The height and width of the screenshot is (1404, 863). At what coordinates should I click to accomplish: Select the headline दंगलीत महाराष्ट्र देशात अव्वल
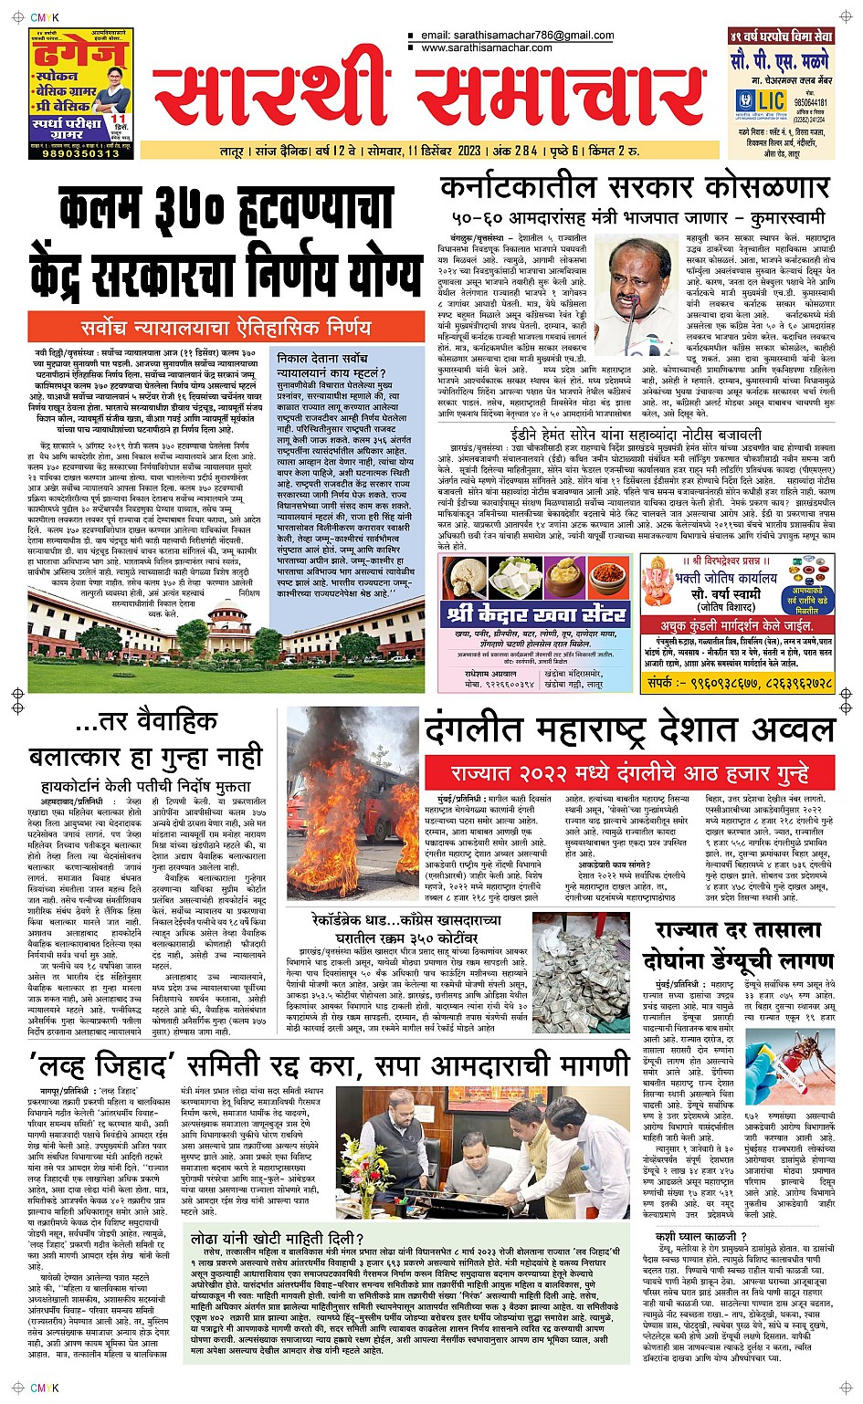point(630,731)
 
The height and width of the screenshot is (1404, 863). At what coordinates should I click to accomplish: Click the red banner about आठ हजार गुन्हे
point(630,773)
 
